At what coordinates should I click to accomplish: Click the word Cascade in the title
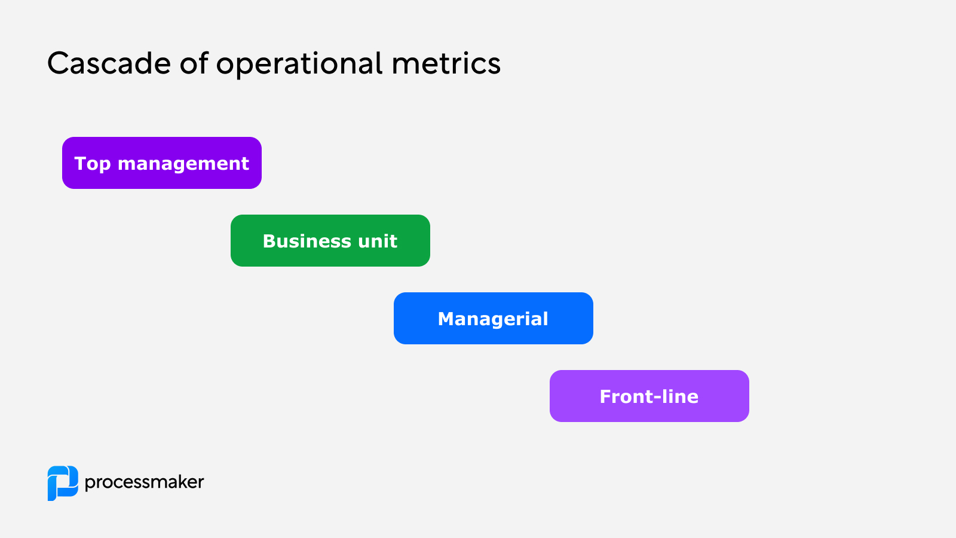point(108,63)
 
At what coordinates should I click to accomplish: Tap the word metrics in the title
point(446,63)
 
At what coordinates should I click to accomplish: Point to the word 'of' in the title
point(194,63)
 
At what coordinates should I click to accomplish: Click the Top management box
point(161,163)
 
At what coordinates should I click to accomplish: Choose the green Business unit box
point(330,240)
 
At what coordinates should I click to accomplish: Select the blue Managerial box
point(493,318)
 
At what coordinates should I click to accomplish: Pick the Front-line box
point(649,396)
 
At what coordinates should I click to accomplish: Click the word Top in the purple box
point(92,164)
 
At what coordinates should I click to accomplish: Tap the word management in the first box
point(183,164)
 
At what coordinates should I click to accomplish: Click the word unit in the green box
point(378,241)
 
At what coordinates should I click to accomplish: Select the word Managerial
point(493,319)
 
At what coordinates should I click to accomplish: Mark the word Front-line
point(649,396)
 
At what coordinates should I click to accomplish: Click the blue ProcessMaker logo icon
point(63,483)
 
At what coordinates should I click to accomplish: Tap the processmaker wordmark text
point(144,482)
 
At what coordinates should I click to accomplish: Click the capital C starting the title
point(58,63)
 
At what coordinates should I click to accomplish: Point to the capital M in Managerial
point(447,319)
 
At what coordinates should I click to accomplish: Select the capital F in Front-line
point(605,396)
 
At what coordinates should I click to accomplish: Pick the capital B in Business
point(269,241)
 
